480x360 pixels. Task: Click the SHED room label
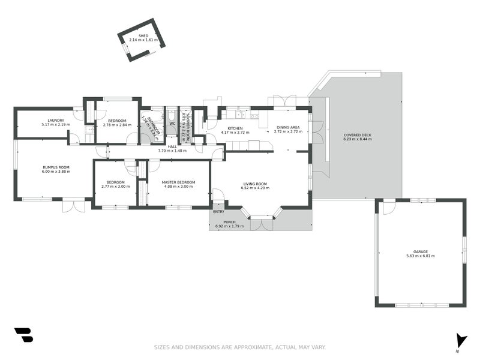pos(143,36)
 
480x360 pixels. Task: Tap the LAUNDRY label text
pos(56,121)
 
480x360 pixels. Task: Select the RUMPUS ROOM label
pos(56,167)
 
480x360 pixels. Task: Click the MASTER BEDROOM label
pos(179,182)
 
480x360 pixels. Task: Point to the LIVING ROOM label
pos(255,184)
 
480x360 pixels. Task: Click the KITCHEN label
pos(235,128)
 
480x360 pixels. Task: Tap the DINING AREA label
pos(287,127)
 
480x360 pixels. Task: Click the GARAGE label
pos(420,252)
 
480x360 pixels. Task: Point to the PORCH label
pos(230,222)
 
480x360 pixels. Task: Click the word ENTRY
pos(218,211)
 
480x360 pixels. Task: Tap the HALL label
pos(172,146)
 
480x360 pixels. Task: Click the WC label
pos(172,124)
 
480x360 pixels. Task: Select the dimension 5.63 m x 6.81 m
pos(420,256)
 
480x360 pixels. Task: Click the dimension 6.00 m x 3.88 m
pos(56,171)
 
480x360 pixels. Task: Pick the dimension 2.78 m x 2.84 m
pos(117,125)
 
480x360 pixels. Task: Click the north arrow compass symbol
pos(460,340)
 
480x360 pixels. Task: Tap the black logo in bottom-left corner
pos(23,335)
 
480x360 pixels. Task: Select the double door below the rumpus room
pos(74,206)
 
